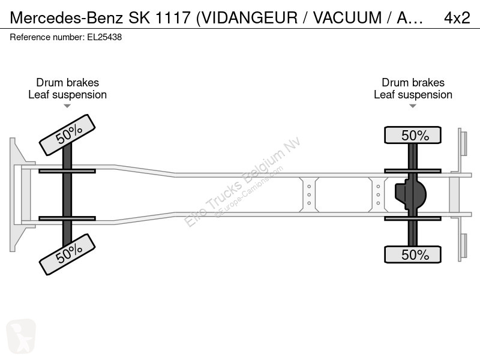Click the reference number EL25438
coord(104,37)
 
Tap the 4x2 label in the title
coord(457,18)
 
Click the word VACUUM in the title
coord(347,18)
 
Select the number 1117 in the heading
coord(173,18)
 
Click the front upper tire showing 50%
coord(67,135)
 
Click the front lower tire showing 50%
coord(67,254)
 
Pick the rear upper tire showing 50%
coord(413,135)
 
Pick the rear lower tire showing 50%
coord(413,254)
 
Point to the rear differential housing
coord(411,194)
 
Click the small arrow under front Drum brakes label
coord(67,106)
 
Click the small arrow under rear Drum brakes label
coord(413,106)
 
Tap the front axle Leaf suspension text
coord(67,95)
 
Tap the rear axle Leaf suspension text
coord(413,95)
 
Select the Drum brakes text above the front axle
coord(67,83)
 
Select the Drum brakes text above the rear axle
coord(413,83)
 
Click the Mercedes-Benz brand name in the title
coord(67,18)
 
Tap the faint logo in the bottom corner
coord(21,336)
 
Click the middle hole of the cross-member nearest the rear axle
coord(378,194)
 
